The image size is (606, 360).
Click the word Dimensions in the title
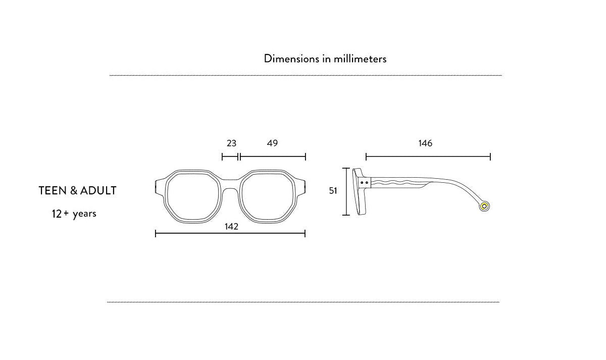tap(291, 59)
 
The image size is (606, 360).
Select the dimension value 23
tap(231, 143)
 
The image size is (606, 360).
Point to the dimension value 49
tap(272, 143)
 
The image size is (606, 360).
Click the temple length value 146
tap(425, 143)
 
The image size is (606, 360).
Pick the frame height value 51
tap(333, 191)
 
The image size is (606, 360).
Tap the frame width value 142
tap(231, 226)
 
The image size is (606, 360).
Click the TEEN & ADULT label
tap(77, 191)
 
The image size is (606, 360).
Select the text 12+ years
tap(74, 214)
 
